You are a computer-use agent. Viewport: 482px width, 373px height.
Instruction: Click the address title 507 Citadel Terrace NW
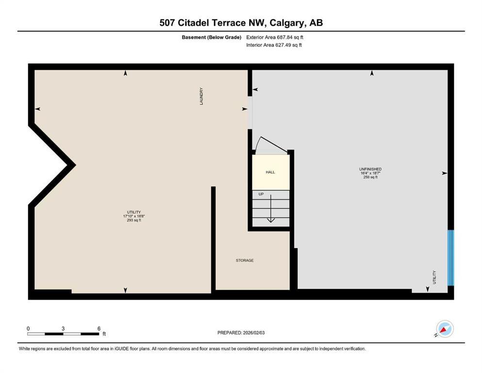click(241, 22)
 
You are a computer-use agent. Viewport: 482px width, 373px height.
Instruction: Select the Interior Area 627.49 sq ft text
click(274, 45)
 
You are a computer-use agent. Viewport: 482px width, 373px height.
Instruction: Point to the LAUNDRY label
click(201, 96)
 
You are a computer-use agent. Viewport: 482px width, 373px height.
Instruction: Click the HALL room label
click(270, 172)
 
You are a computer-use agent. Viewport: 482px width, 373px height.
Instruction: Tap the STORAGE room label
click(245, 260)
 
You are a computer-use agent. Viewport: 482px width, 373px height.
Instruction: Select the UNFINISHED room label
click(370, 169)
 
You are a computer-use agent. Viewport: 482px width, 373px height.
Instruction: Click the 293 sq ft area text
click(134, 220)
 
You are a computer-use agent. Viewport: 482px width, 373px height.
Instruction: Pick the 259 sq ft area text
click(370, 177)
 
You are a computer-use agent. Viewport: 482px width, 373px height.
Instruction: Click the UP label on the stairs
click(261, 194)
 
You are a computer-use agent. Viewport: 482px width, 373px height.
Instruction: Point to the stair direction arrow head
click(271, 220)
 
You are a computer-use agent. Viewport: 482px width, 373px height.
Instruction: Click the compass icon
click(444, 329)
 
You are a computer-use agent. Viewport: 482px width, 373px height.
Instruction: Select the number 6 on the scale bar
click(99, 328)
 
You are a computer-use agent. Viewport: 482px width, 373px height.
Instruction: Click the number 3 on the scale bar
click(63, 328)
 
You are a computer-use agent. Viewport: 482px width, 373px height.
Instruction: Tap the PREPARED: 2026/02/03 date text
click(241, 333)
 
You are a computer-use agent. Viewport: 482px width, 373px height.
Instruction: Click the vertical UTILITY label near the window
click(434, 277)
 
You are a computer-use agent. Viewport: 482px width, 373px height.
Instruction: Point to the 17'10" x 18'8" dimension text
click(134, 216)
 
